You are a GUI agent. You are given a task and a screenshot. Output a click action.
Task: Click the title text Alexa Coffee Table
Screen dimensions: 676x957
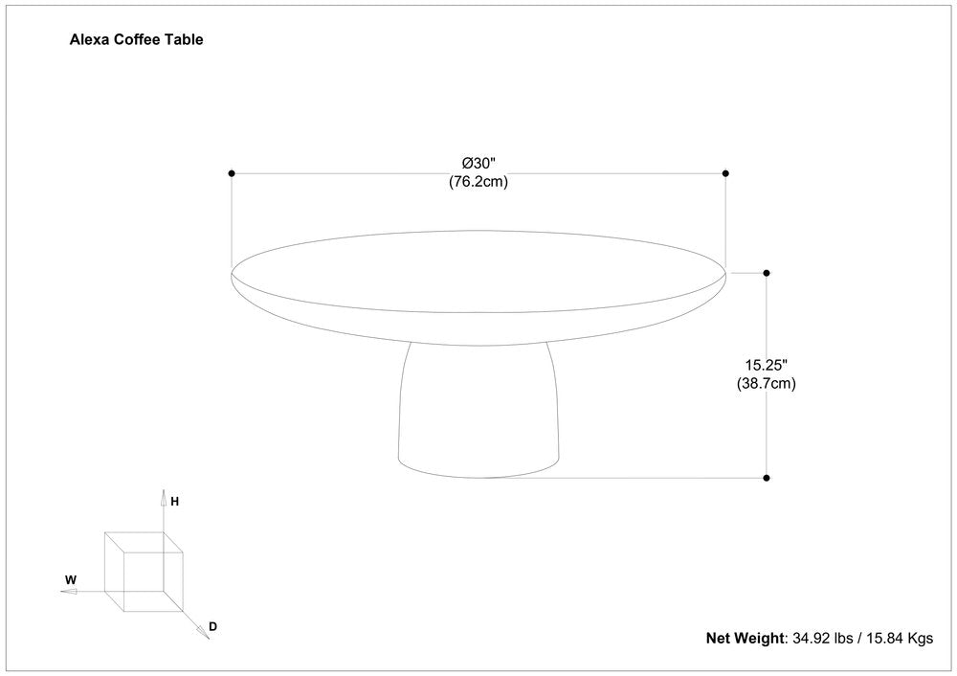(136, 40)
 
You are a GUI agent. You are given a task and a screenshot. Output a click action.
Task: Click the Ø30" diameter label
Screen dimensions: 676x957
(478, 163)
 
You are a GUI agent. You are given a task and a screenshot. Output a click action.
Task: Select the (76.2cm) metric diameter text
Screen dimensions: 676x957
(478, 182)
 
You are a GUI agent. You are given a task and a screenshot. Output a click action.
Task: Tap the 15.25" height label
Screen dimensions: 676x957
(766, 365)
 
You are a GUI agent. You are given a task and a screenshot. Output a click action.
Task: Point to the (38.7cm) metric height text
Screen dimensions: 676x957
(766, 383)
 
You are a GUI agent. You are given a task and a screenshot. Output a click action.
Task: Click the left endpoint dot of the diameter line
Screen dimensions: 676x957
(232, 173)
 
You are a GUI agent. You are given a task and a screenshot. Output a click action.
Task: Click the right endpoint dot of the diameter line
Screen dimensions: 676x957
(725, 173)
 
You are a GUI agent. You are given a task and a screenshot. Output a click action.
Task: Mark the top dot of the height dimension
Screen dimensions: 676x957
(767, 273)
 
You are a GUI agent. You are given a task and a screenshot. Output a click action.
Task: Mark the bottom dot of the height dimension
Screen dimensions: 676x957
(767, 477)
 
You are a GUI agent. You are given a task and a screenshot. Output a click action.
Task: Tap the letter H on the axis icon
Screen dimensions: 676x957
(176, 501)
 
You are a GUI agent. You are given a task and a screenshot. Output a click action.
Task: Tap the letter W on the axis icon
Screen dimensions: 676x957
(70, 579)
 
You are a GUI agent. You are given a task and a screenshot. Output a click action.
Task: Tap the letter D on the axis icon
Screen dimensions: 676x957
(213, 627)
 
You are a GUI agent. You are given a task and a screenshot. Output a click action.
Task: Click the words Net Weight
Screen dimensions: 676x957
(746, 638)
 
